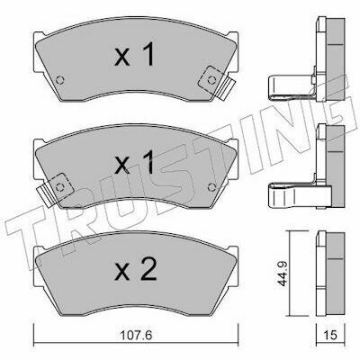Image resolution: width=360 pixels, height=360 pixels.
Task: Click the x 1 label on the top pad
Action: pos(134,55)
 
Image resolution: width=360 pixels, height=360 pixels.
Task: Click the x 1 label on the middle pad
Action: pos(134,162)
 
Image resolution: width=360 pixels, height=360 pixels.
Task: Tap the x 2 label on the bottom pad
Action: pos(136,270)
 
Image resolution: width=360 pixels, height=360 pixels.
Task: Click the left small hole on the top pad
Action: pos(60,80)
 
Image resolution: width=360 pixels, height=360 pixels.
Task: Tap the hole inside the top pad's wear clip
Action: pos(211,80)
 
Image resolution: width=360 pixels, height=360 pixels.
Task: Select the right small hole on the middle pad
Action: pos(211,187)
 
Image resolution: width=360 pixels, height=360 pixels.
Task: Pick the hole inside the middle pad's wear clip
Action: pos(60,187)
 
